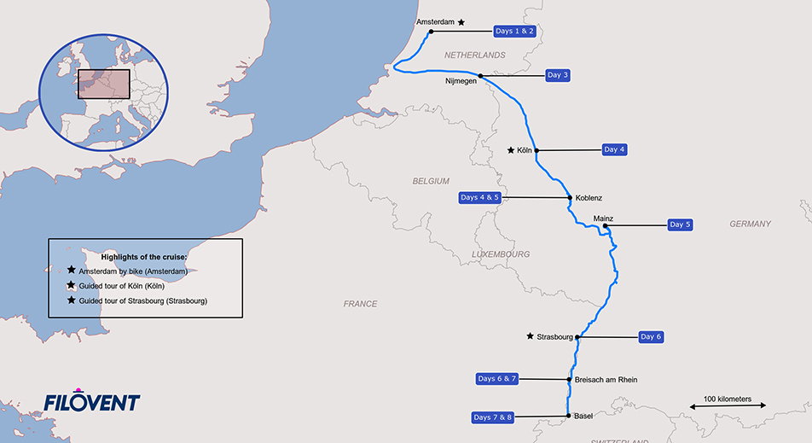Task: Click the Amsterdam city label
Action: click(435, 21)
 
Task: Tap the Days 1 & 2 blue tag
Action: click(513, 32)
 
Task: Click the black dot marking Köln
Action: click(536, 150)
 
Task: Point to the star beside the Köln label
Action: click(510, 150)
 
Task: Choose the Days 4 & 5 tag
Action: click(478, 197)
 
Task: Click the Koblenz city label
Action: click(589, 198)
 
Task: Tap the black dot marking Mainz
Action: click(605, 226)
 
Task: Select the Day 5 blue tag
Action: click(680, 224)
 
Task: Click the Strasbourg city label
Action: click(554, 337)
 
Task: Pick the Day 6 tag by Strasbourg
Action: click(651, 336)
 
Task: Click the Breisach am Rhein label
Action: click(606, 380)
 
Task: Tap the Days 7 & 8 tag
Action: click(493, 417)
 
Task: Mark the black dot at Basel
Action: click(569, 417)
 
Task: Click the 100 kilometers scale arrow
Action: click(727, 407)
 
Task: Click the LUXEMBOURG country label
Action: click(501, 254)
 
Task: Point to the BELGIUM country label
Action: click(430, 182)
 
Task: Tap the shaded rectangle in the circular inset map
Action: click(103, 84)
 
